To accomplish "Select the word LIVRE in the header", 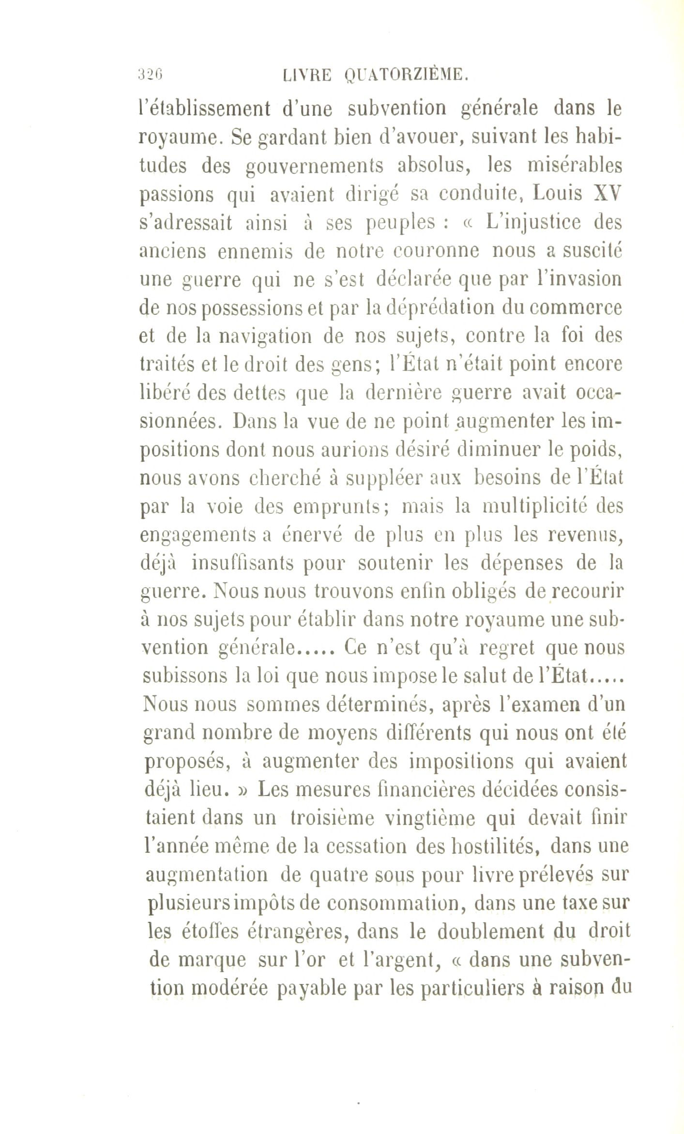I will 307,75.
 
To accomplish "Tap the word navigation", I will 265,337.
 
